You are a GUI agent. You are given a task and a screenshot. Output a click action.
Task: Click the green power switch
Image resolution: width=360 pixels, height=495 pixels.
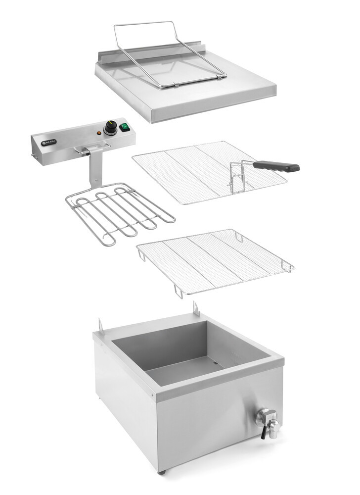125,127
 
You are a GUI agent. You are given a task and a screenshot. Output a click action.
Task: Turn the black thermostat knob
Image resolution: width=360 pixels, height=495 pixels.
111,127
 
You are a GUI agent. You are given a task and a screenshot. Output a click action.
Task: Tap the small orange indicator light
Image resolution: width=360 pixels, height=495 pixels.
99,133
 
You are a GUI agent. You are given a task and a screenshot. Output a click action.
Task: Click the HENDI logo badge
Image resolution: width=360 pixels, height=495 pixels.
49,142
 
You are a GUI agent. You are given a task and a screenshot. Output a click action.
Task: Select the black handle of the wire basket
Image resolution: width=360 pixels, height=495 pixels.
276,166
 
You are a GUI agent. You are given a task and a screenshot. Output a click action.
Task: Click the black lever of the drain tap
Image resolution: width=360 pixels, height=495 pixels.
263,432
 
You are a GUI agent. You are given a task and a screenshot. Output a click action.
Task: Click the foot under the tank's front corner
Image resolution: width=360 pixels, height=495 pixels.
162,472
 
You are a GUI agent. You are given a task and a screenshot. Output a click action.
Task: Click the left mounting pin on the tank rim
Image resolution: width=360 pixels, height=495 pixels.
101,325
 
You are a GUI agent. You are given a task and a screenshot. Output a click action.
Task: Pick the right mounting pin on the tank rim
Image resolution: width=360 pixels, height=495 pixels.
196,308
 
